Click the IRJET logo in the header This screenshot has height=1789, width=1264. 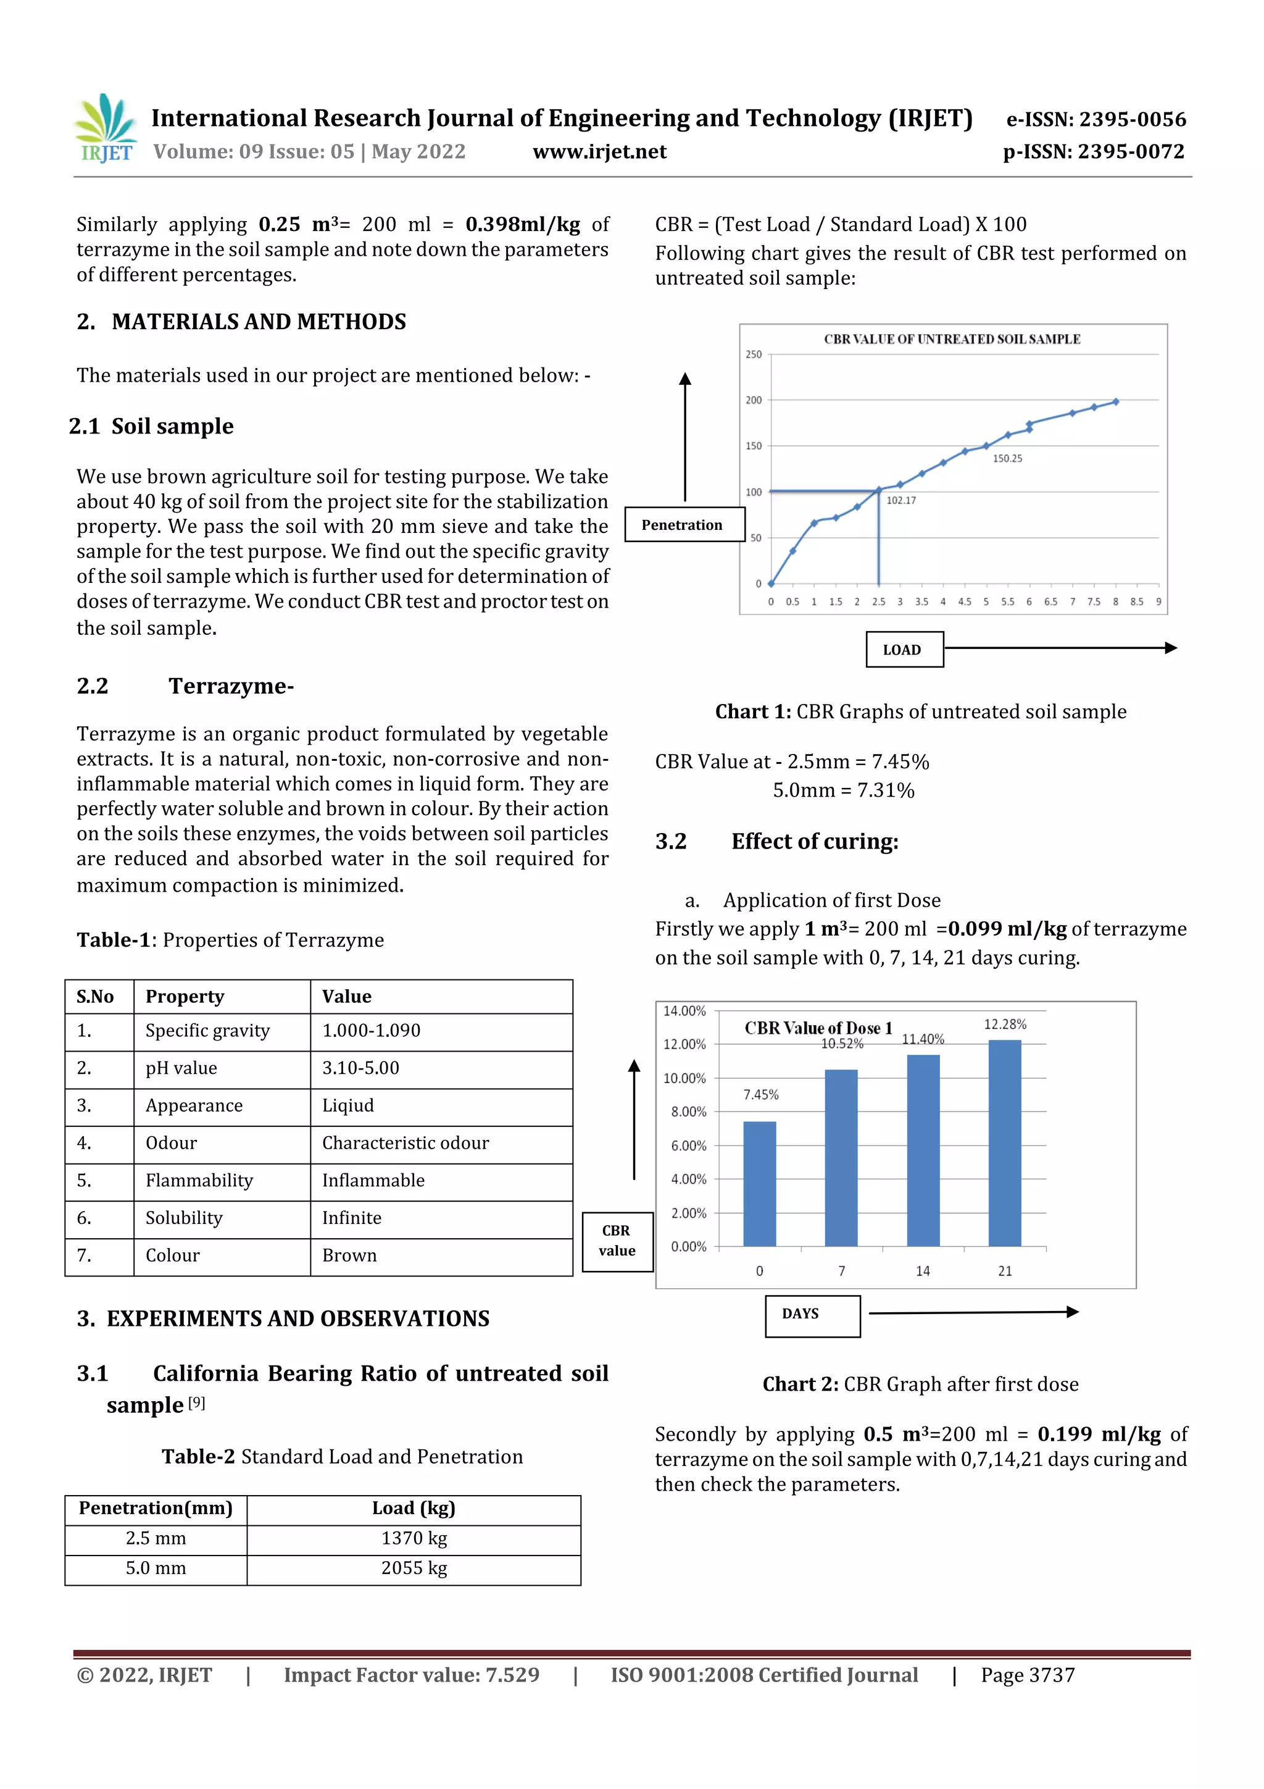click(x=105, y=129)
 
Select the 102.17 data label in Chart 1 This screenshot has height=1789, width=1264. click(x=901, y=500)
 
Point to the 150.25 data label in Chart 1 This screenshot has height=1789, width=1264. click(x=1007, y=458)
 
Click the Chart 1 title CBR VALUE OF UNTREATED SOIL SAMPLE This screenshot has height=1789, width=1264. click(x=952, y=339)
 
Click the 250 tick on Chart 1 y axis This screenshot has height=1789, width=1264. click(x=753, y=354)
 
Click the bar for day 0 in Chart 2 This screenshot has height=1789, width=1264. click(x=759, y=1184)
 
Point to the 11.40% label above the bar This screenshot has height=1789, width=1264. click(x=923, y=1039)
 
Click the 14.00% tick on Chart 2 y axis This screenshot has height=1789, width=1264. click(x=684, y=1011)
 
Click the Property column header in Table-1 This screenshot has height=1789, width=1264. click(x=185, y=997)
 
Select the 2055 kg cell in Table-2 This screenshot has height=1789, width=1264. click(x=414, y=1568)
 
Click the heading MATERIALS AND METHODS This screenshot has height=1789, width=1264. click(x=259, y=322)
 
